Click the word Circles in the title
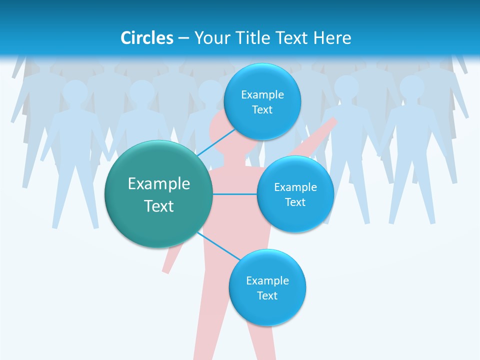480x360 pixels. pos(146,38)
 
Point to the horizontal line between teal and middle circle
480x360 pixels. pos(235,194)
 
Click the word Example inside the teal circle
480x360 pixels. pos(159,184)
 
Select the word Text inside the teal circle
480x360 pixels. pos(159,206)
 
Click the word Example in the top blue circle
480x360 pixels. pos(262,94)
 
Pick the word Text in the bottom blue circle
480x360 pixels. pos(267,295)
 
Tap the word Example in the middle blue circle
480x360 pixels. pos(295,187)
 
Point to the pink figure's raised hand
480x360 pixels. pos(332,121)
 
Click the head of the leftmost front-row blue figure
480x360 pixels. pos(75,91)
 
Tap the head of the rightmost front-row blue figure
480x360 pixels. pos(411,87)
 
